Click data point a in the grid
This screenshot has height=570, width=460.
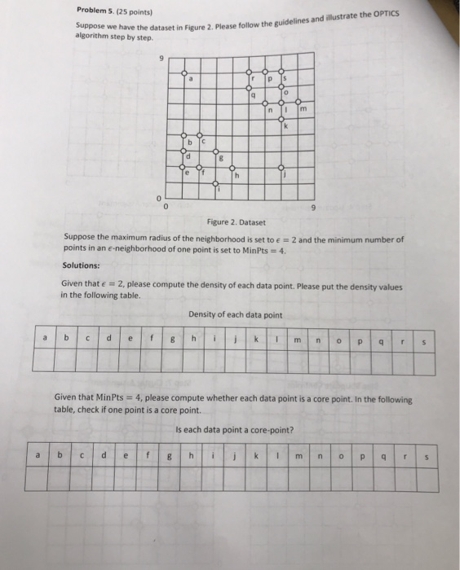click(x=184, y=72)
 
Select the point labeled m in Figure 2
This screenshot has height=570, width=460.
click(x=298, y=103)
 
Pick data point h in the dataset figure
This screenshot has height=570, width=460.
click(x=232, y=168)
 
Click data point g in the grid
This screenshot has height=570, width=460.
click(x=215, y=151)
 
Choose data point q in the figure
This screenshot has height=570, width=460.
click(x=249, y=88)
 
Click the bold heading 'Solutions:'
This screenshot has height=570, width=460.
click(x=81, y=265)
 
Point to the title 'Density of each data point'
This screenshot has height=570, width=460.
click(x=235, y=314)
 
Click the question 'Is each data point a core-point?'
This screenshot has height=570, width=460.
click(x=235, y=429)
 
